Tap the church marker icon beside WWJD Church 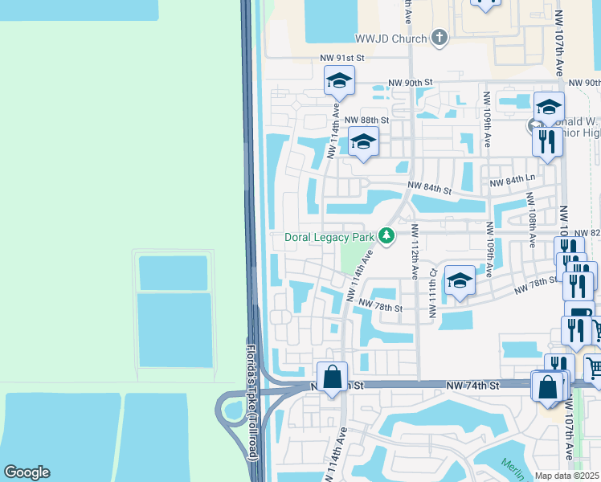(x=439, y=37)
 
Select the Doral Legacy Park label (x=330, y=238)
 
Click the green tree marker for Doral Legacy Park (x=387, y=236)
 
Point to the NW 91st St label (x=341, y=58)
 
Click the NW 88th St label (x=366, y=120)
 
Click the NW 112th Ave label (x=415, y=251)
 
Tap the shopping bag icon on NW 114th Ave (x=332, y=378)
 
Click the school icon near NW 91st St (x=339, y=80)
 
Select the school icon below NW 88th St (x=363, y=142)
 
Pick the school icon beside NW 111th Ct (x=459, y=280)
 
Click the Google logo (x=27, y=472)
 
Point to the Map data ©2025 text (x=567, y=476)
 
